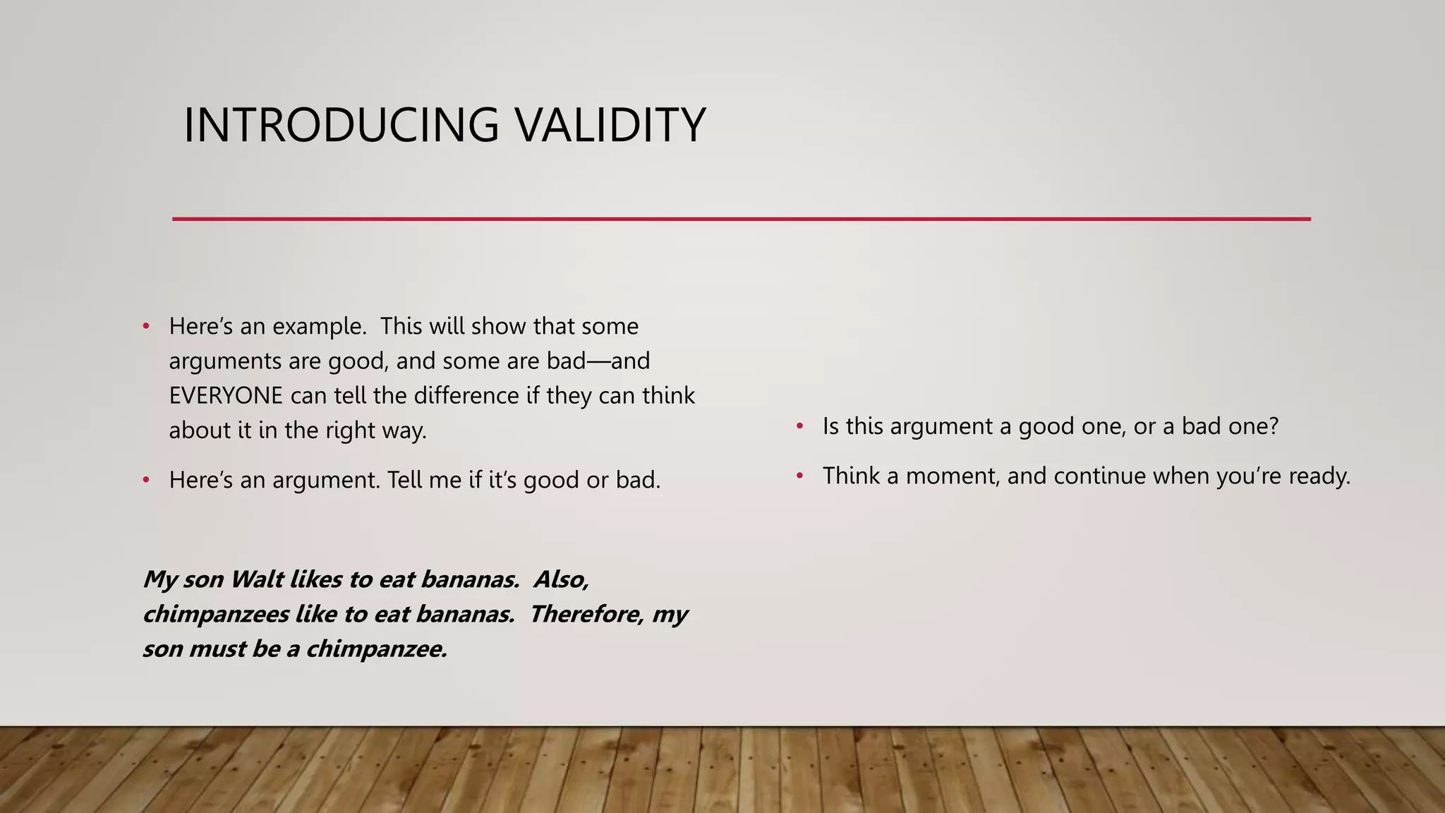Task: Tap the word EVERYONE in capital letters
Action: click(x=226, y=395)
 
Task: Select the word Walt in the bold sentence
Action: click(x=257, y=579)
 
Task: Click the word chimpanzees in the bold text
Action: click(x=216, y=614)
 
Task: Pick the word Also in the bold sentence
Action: click(x=561, y=579)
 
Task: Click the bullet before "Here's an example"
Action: click(x=146, y=326)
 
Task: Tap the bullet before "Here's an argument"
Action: click(x=146, y=480)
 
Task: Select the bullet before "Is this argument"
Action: click(x=799, y=426)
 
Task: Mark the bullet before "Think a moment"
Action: click(x=799, y=476)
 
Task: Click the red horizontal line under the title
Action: click(x=741, y=219)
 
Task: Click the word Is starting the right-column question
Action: click(x=830, y=426)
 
